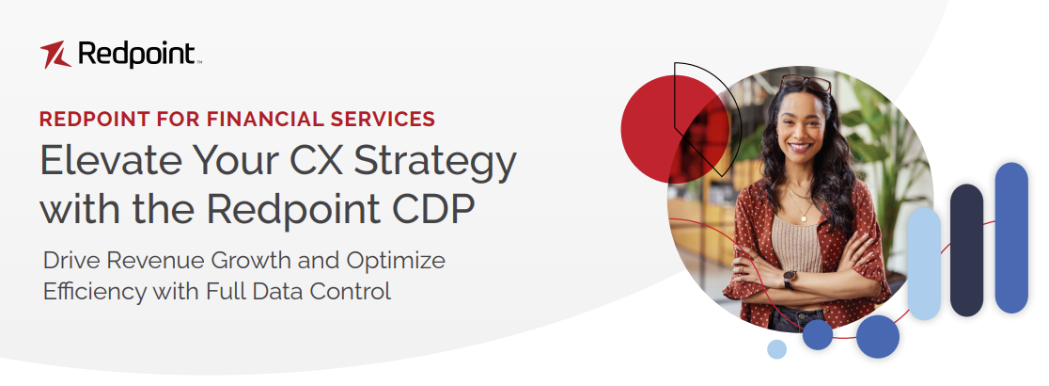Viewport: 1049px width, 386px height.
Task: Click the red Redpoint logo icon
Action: pos(55,55)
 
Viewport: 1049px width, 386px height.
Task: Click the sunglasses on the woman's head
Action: pos(806,83)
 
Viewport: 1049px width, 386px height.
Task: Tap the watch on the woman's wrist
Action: pos(790,280)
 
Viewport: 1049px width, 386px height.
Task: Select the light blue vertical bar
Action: pos(924,263)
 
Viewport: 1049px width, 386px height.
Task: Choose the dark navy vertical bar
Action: pos(966,249)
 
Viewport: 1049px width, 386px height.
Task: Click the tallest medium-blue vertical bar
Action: pos(1011,237)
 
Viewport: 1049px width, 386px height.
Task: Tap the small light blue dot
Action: pos(776,349)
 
